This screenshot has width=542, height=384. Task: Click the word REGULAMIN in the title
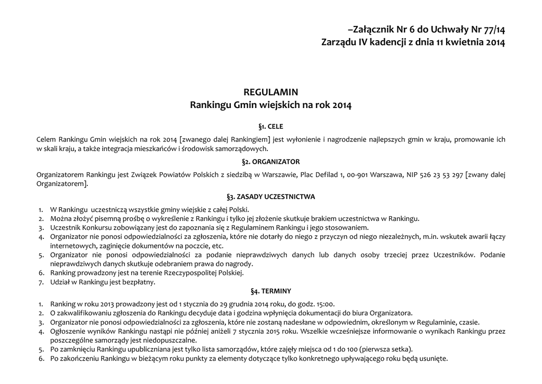(270, 92)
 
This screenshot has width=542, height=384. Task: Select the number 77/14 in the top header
(490, 30)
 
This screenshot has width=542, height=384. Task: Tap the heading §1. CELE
(270, 127)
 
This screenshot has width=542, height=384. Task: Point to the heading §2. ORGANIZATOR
(270, 162)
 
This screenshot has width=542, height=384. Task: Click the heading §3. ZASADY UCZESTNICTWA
(270, 197)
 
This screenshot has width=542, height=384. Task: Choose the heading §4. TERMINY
(270, 291)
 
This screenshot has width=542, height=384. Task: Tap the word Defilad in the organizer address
(326, 175)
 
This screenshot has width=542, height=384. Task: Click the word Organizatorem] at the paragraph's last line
(62, 184)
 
